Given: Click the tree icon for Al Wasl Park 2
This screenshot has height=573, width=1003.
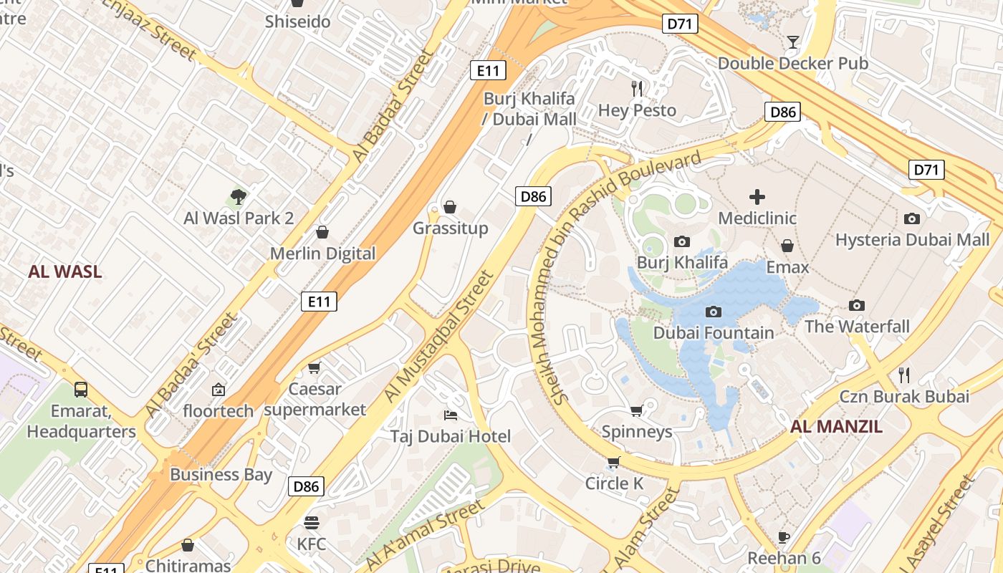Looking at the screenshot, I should [239, 196].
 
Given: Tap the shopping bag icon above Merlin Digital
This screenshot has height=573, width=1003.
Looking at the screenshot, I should [322, 232].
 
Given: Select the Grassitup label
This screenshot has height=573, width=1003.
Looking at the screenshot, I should [450, 228].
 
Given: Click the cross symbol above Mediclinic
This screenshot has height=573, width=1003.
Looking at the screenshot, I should [757, 196].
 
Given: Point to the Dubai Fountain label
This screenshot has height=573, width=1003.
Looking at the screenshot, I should [714, 333].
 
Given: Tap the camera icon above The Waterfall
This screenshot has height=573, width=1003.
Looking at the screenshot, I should [856, 306].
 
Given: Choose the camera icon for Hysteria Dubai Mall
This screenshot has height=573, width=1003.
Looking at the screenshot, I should [911, 218].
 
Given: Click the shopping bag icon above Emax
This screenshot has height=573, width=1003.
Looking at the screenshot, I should [787, 246].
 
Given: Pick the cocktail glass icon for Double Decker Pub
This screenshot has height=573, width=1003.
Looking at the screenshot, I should [792, 42].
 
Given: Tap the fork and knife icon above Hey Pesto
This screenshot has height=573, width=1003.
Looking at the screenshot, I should [637, 89].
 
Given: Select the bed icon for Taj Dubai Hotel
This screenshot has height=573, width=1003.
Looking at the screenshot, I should [451, 415].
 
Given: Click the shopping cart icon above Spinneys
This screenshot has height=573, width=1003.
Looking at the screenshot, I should [636, 410].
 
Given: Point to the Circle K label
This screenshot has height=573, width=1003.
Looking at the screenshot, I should [614, 483].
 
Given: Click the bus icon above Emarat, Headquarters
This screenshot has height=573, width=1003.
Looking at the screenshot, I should [81, 390].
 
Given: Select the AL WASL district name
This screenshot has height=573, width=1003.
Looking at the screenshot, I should [65, 272].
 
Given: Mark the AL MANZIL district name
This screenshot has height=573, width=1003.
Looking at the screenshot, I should [836, 428].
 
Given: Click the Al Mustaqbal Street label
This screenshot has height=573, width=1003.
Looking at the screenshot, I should [439, 337].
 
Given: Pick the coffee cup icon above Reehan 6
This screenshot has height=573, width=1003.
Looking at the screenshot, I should [784, 537].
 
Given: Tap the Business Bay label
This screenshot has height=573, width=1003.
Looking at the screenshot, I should [221, 474].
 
